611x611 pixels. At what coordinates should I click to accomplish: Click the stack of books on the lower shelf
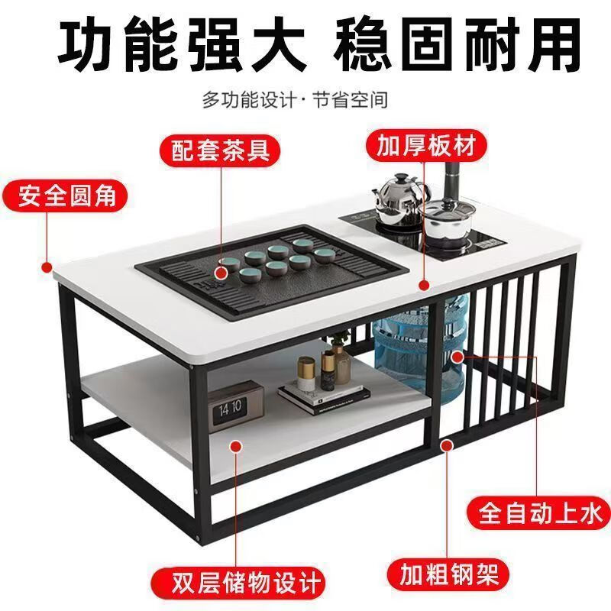pos(324,394)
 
